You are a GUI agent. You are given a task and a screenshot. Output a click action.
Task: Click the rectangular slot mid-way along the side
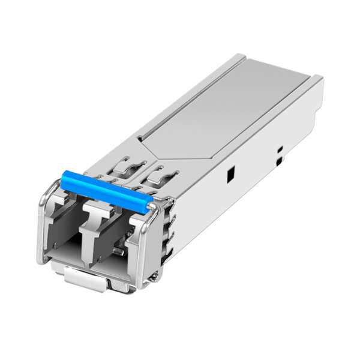tap(230, 175)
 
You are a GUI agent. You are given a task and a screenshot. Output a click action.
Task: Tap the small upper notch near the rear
tap(280, 149)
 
